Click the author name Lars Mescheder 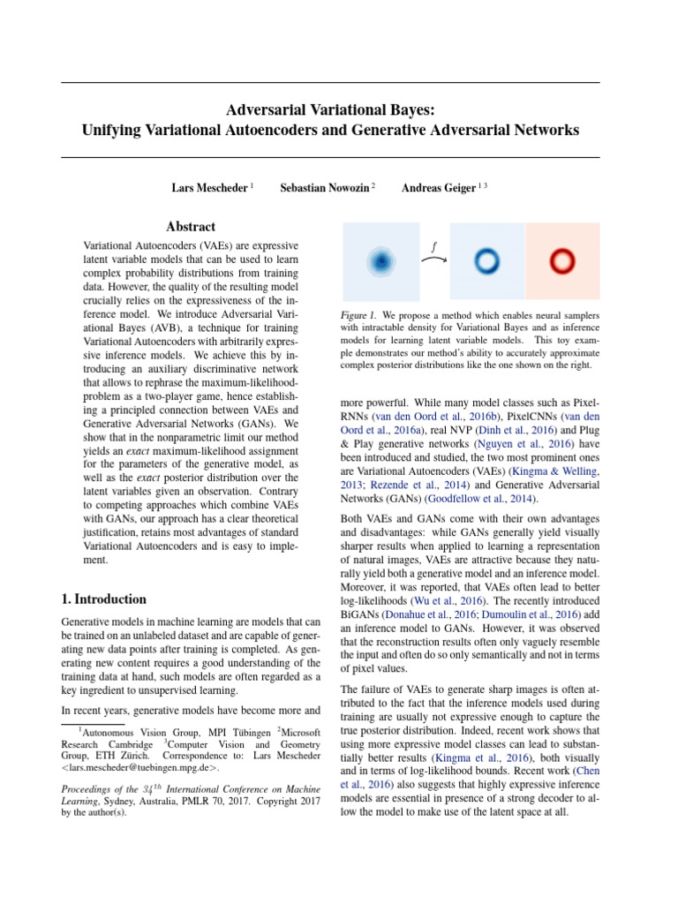click(x=209, y=188)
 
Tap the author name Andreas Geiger click(x=439, y=188)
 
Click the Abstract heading click(x=191, y=227)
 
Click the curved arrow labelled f click(x=433, y=259)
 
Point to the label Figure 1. click(x=358, y=315)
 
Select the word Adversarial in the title click(x=278, y=111)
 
